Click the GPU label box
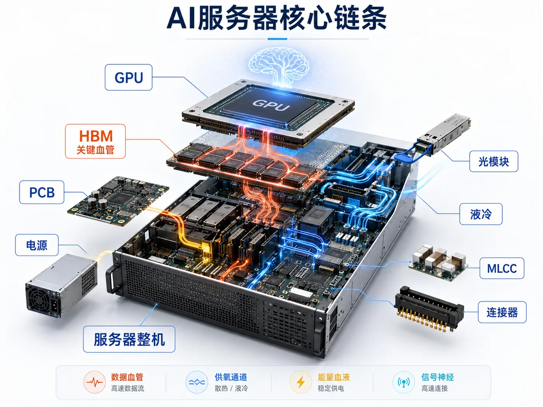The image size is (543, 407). coord(128,78)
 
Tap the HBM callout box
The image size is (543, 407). coord(95,141)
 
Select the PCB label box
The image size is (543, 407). coord(42,192)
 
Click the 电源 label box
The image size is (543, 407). coord(37,245)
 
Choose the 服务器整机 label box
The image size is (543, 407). coord(129,339)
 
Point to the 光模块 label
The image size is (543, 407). coord(493,161)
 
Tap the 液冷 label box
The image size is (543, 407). coord(481,214)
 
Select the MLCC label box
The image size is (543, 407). coord(501,268)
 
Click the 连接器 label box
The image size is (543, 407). coord(502,312)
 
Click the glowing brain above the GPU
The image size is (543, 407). coord(279,66)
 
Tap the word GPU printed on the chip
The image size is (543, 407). coord(271,105)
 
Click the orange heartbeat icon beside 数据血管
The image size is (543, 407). coord(95,382)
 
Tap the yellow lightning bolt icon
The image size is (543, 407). coord(301,382)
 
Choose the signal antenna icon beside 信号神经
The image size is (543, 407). coord(404,382)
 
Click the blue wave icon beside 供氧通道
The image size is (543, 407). coord(197,382)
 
